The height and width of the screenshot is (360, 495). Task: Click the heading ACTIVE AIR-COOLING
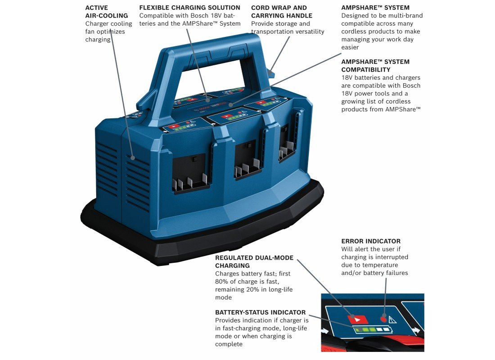[x=106, y=12]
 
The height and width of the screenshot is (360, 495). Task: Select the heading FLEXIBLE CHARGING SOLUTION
[x=190, y=8]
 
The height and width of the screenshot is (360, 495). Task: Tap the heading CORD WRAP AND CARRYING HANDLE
[x=282, y=12]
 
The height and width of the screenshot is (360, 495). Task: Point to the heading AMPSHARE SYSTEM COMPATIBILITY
[x=375, y=66]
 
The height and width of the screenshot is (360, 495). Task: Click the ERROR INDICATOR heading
[x=371, y=241]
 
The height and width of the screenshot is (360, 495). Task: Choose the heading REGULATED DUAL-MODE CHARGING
[x=254, y=261]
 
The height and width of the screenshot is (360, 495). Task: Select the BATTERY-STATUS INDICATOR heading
[x=261, y=312]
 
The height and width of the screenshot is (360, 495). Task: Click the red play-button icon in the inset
[x=357, y=319]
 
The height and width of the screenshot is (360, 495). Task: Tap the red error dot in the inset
[x=383, y=318]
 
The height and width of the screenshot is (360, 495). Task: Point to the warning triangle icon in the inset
[x=392, y=319]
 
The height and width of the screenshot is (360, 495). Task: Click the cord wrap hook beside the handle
[x=270, y=72]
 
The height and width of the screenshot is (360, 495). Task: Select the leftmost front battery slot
[x=189, y=173]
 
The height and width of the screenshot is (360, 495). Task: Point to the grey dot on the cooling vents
[x=133, y=157]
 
